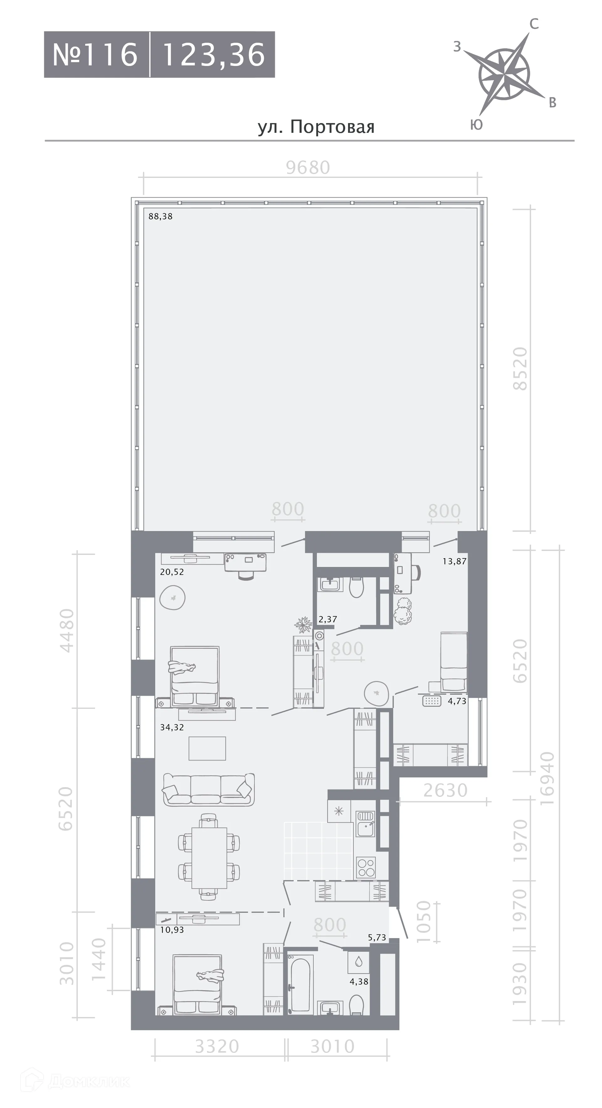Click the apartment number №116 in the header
click(95, 55)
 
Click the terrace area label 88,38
click(161, 216)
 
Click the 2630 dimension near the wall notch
click(445, 791)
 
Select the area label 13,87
click(454, 561)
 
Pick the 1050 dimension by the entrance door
click(424, 921)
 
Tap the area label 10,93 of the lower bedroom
click(172, 929)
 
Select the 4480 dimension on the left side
click(67, 630)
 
